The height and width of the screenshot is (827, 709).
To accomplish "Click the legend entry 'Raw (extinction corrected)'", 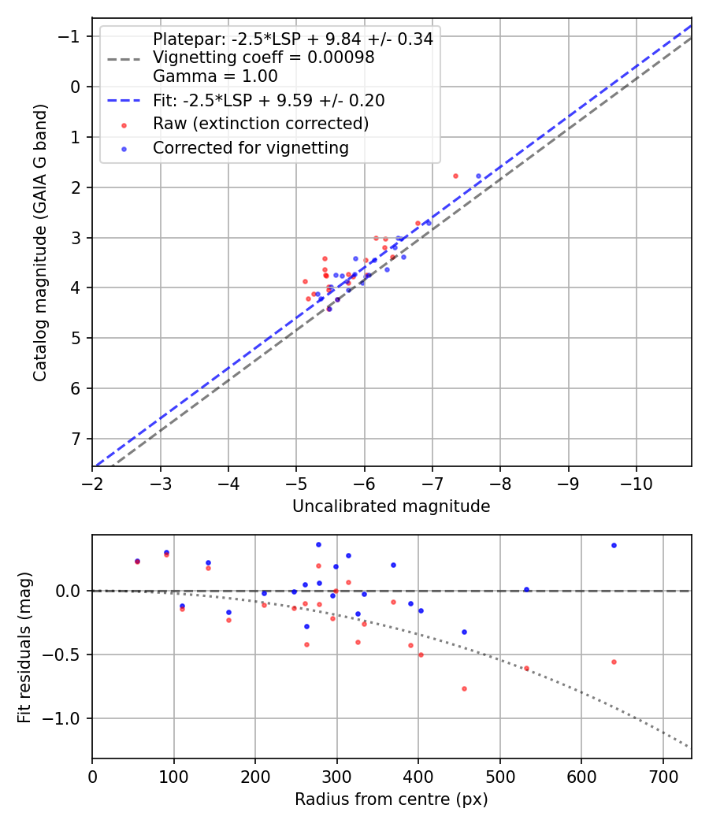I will pos(260,124).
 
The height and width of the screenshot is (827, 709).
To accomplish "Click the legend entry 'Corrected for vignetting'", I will pos(251,148).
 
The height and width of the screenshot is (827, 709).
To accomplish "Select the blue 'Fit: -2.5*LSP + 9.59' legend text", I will pos(269,101).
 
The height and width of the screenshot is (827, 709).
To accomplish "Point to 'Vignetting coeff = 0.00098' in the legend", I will pos(263,57).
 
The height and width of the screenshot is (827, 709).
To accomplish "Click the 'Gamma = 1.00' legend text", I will pos(215,76).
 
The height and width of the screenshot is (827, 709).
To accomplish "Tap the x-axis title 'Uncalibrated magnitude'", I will pos(392,506).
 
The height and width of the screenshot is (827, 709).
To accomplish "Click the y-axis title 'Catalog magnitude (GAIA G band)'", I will pos(40,242).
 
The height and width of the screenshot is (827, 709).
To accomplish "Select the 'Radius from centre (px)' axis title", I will pos(392,799).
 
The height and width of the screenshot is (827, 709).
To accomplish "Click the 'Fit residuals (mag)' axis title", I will pos(24,647).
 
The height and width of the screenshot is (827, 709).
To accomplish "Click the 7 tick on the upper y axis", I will pos(76,439).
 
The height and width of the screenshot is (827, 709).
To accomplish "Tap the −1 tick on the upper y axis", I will pos(71,36).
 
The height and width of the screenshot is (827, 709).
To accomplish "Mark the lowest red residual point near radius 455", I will pos(464,688).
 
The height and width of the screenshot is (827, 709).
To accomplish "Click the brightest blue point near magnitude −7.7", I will pos(478,176).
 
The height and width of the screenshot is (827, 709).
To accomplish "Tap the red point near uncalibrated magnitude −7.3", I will pos(455,176).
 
